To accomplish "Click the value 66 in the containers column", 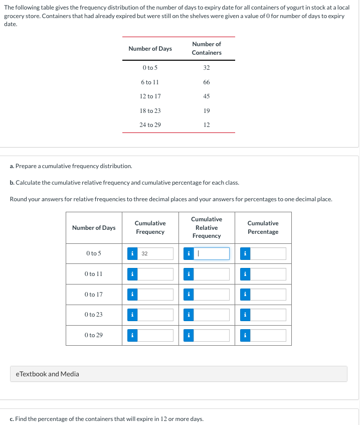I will click(x=207, y=82).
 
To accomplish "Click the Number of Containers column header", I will click(x=207, y=48).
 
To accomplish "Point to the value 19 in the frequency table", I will click(x=207, y=110).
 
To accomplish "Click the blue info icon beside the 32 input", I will click(x=132, y=254).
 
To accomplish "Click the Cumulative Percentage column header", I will click(x=263, y=227).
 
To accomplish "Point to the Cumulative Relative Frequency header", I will click(x=207, y=227).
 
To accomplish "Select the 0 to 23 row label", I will click(x=94, y=315).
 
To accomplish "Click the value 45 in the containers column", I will click(x=207, y=96).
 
